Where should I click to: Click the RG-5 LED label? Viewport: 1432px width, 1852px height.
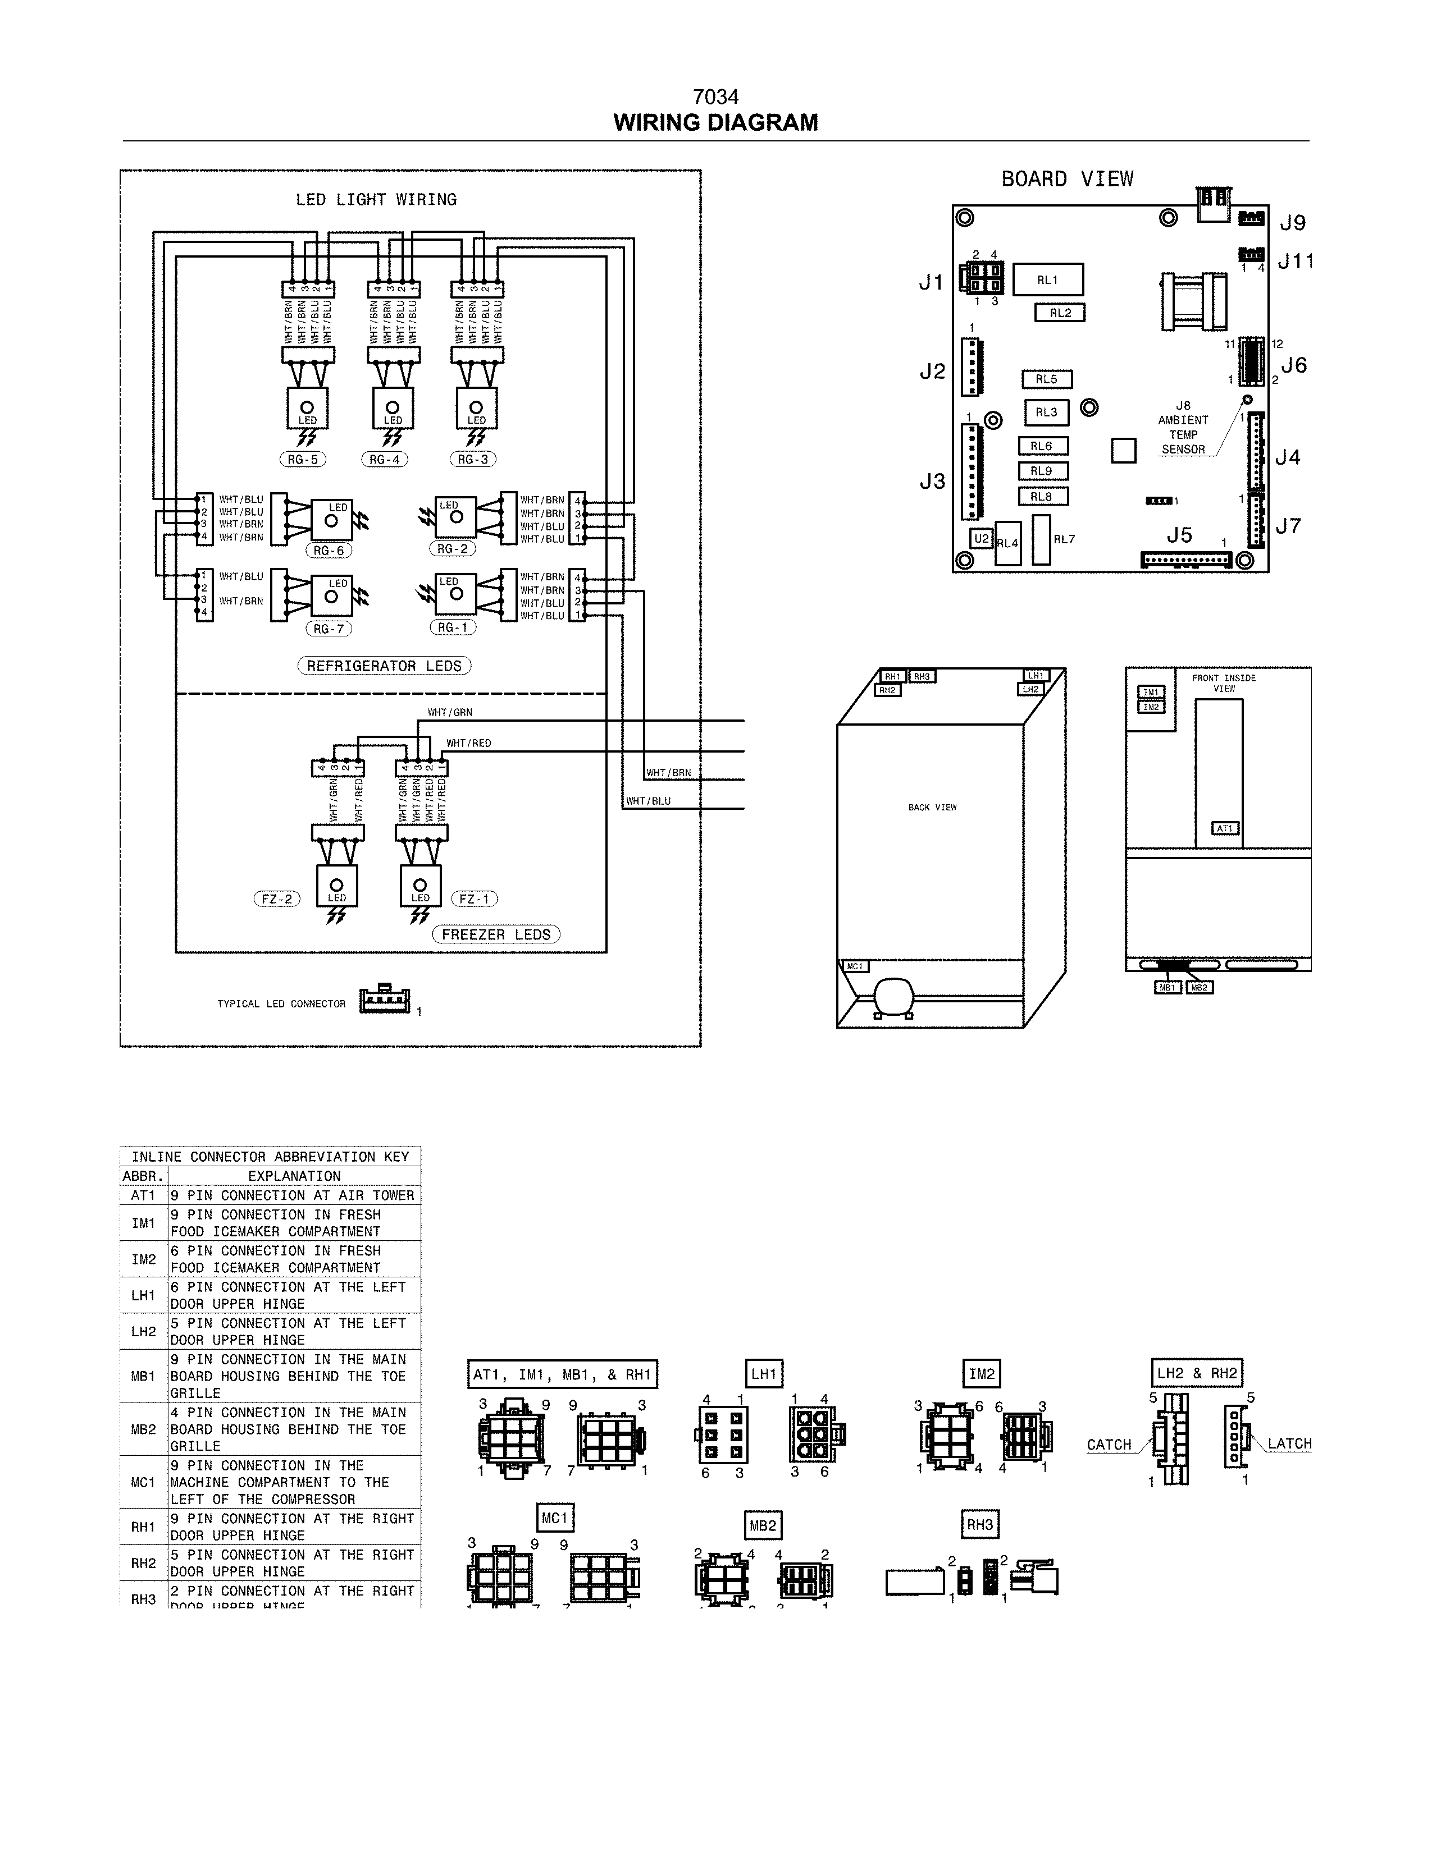click(303, 460)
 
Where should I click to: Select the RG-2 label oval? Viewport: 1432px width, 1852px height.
click(452, 549)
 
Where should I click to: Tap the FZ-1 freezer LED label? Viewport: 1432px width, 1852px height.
click(474, 899)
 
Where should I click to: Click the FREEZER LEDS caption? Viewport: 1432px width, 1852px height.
click(496, 934)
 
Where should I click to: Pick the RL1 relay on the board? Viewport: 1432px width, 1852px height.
click(1048, 280)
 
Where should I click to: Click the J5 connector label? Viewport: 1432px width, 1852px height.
click(1179, 535)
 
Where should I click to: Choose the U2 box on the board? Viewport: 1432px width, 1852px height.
click(982, 538)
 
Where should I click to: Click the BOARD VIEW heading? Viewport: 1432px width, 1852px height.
click(1067, 179)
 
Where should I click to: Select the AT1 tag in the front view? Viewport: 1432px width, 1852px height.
click(1225, 828)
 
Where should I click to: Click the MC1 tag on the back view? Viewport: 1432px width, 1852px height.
click(854, 967)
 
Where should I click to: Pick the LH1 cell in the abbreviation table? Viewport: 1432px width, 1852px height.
click(143, 1296)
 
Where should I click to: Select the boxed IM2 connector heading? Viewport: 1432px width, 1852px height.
click(982, 1374)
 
